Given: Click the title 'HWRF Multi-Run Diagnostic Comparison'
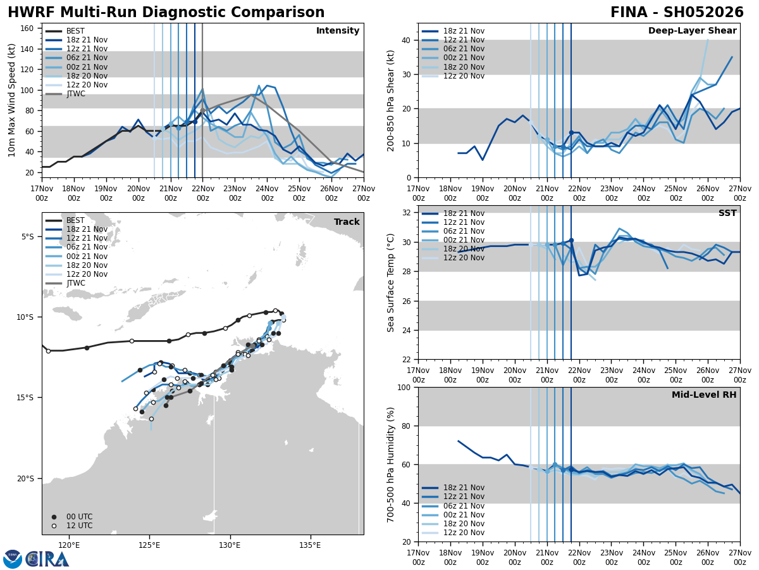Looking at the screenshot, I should pos(166,13).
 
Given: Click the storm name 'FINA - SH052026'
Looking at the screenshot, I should pos(677,13).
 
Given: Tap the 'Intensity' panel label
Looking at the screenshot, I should pos(338,31).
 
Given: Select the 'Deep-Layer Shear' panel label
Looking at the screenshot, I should pos(692,31).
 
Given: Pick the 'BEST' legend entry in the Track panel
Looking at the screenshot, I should pos(75,220).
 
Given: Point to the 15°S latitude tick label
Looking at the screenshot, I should pos(29,398).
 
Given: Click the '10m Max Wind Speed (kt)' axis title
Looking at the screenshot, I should pos(12,100).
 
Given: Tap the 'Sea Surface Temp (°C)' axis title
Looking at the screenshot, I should pos(391,282).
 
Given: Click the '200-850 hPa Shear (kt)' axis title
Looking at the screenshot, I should pos(391,100).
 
